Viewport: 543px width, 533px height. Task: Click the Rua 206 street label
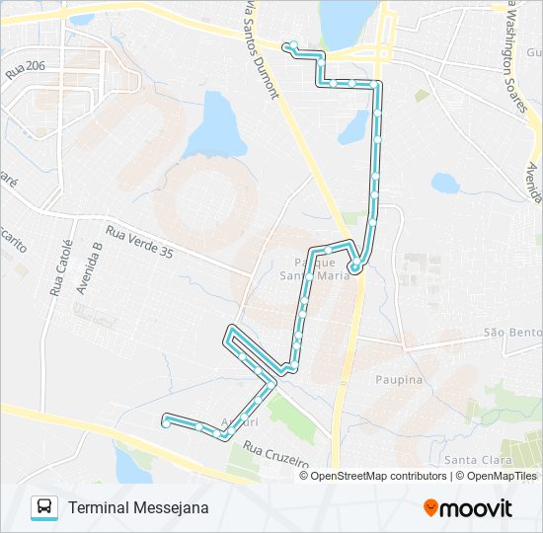[27, 67]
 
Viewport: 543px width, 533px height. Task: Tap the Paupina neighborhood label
[399, 379]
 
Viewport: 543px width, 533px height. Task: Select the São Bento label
[512, 333]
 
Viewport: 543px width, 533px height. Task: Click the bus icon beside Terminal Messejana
[44, 507]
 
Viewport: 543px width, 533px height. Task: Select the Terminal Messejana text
[138, 507]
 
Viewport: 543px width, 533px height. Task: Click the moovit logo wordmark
[476, 508]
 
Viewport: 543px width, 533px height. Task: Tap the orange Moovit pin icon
[430, 507]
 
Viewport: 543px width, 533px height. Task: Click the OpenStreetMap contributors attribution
[378, 476]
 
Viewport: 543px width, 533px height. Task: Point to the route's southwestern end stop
[165, 422]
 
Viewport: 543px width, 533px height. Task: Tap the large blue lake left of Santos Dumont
[216, 126]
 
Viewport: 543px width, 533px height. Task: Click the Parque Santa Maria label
[322, 268]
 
